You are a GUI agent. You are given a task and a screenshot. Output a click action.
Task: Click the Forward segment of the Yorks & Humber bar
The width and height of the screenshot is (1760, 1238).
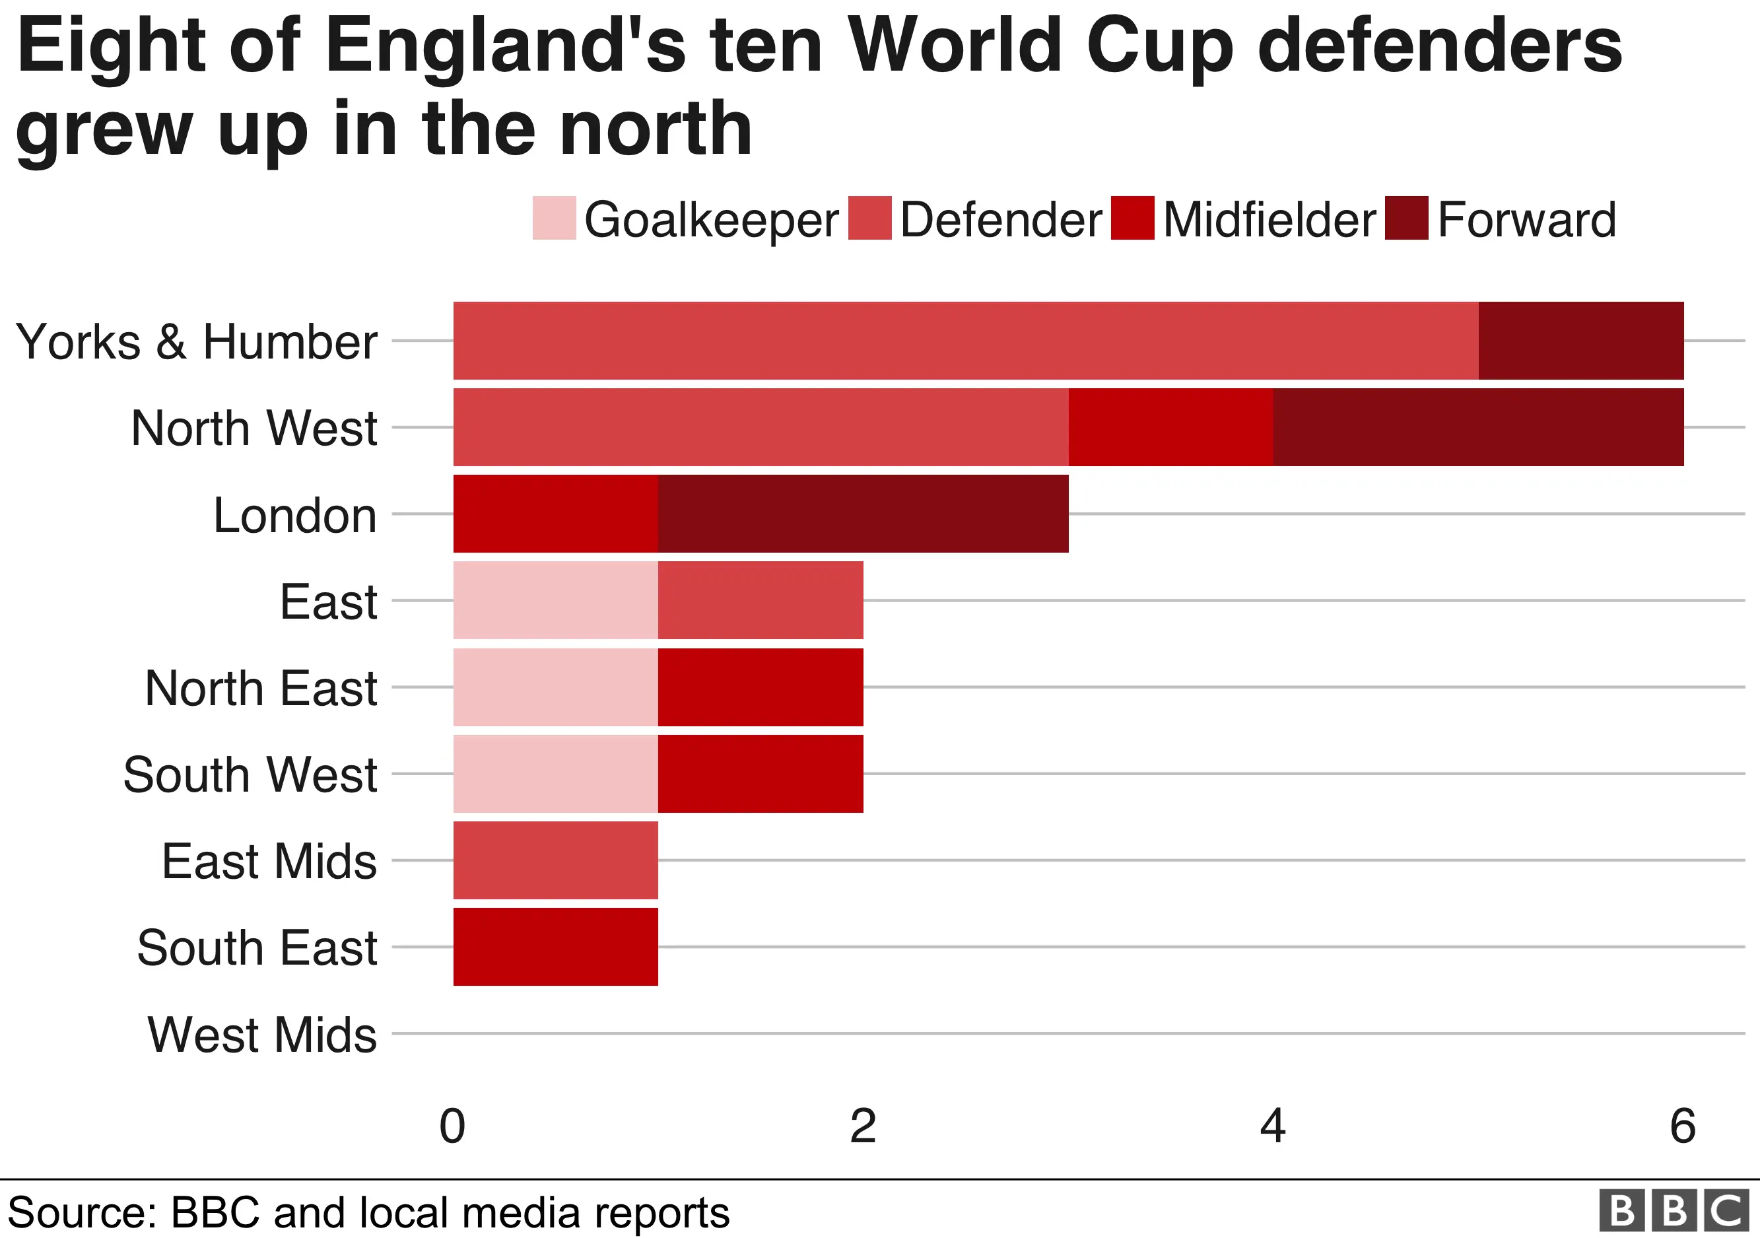tap(1580, 340)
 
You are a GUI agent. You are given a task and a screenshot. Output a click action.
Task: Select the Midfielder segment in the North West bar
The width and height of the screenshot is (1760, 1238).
tap(1170, 427)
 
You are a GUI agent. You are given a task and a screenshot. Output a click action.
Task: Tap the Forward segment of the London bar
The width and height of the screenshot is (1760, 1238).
tap(863, 514)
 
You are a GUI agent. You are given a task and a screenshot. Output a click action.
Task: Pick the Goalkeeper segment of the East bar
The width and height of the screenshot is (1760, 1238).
tap(556, 600)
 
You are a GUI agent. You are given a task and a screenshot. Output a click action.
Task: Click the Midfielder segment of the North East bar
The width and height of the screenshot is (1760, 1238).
tap(761, 687)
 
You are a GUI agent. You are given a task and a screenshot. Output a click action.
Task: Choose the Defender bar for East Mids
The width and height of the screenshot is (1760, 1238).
tap(556, 860)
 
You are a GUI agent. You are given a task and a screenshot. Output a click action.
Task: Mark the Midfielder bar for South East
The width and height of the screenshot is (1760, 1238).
tap(556, 947)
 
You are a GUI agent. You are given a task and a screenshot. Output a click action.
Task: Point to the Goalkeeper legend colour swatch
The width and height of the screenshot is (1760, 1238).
tap(555, 219)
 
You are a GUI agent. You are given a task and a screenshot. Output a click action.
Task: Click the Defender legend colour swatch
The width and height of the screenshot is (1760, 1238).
tap(870, 219)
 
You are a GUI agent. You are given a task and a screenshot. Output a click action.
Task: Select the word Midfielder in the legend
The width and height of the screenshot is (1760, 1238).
tap(1269, 220)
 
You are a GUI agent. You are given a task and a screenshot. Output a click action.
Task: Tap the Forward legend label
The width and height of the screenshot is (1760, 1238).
tap(1526, 220)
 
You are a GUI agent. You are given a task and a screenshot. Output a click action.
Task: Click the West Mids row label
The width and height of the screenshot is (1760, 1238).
tap(262, 1035)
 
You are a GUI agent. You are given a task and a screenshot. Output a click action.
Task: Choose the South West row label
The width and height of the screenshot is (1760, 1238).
tap(250, 774)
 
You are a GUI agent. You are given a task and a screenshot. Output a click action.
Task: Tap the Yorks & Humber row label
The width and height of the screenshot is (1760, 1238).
tap(196, 341)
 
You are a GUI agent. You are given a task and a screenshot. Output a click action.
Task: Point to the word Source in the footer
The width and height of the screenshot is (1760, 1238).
tap(81, 1213)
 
